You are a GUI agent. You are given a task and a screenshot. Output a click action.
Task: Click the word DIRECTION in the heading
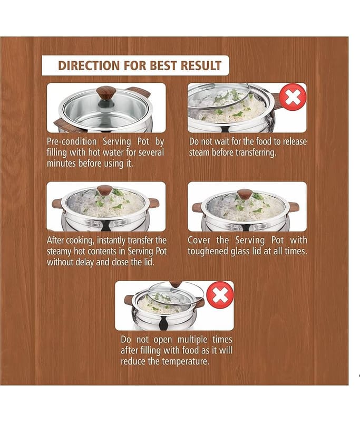click(89, 65)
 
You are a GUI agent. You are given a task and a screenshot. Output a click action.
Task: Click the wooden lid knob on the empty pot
click(106, 93)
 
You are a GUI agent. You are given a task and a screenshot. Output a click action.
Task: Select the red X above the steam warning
click(293, 97)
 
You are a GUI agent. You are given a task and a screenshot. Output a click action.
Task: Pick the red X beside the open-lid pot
click(220, 295)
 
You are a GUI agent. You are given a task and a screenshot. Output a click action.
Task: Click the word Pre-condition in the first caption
click(72, 141)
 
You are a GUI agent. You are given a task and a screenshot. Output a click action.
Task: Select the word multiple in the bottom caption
click(192, 339)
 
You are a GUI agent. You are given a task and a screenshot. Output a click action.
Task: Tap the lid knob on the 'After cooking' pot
click(104, 190)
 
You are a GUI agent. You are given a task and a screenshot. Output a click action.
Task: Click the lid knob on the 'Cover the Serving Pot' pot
click(245, 194)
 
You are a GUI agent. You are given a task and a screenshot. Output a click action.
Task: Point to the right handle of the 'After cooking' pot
click(153, 203)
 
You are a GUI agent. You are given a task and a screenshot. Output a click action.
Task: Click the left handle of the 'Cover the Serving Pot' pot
click(198, 207)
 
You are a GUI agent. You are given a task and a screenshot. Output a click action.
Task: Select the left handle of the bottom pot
click(129, 300)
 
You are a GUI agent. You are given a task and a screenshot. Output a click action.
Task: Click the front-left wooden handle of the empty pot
click(67, 126)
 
